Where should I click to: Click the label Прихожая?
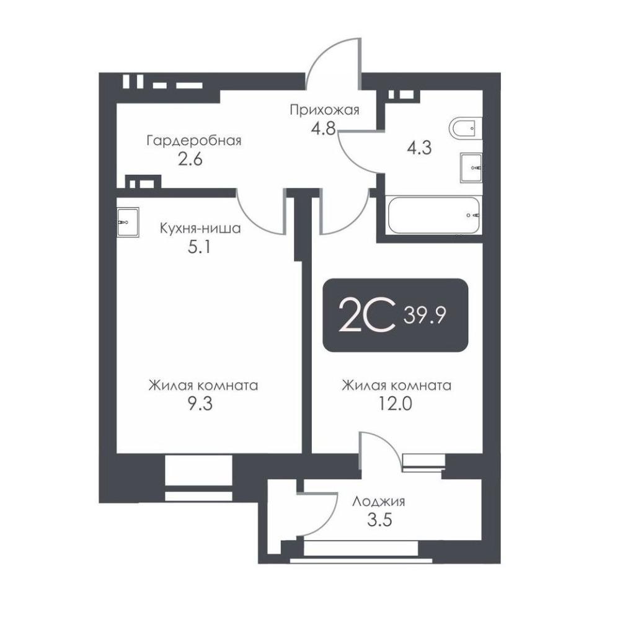coord(324,110)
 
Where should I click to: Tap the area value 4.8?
coord(323,128)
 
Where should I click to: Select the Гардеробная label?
coord(193,141)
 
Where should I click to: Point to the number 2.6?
coord(190,159)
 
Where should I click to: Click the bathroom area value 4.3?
coord(419,148)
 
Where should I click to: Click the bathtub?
coord(434,216)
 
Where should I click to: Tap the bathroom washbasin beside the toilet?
coord(471,167)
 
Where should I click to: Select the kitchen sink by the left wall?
coord(128,222)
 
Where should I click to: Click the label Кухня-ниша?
coord(200,228)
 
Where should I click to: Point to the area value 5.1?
coord(199,247)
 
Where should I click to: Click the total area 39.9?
coord(425,316)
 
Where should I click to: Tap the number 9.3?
coord(200,404)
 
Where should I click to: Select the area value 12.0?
coord(396,404)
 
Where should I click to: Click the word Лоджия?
coord(379,502)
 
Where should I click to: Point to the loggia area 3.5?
coord(379,520)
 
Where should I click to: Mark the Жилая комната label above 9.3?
coord(203,385)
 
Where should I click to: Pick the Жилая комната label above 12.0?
coord(397,385)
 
